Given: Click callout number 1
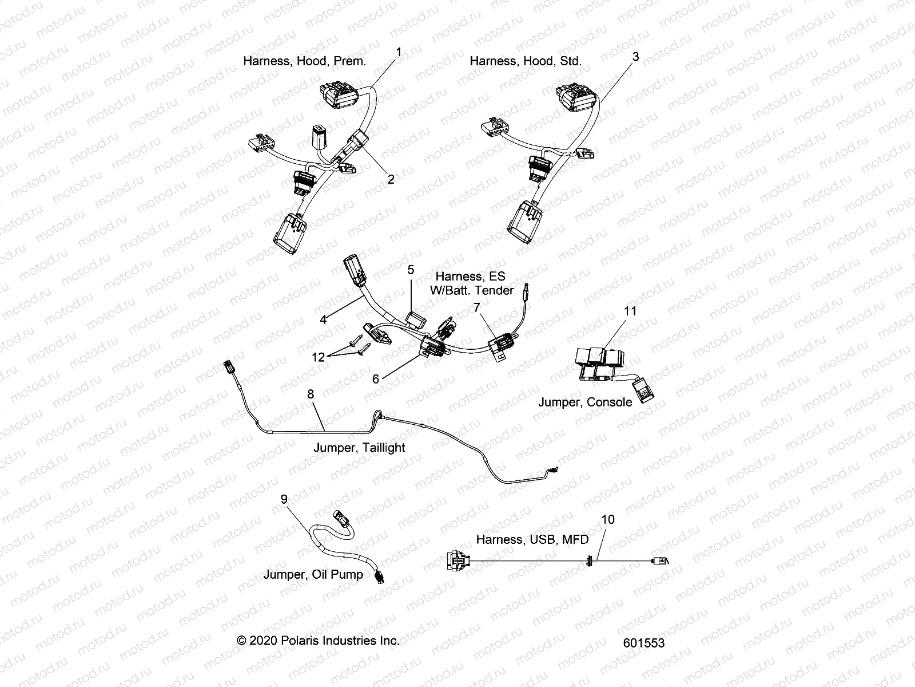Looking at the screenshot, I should [399, 52].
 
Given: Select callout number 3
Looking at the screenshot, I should [635, 57].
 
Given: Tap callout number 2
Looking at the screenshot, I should [391, 179].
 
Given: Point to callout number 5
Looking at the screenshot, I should [410, 269].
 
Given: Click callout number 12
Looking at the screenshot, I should [318, 357].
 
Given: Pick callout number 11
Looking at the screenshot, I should [630, 311].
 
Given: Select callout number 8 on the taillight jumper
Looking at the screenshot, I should [311, 394].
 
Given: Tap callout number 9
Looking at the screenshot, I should [284, 499].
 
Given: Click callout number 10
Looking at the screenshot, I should [608, 519].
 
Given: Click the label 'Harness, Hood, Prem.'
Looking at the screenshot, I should [304, 61].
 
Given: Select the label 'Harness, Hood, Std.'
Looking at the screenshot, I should [526, 61].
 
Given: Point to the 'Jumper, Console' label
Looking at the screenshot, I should [585, 402].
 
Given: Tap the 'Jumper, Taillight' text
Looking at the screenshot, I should [359, 448].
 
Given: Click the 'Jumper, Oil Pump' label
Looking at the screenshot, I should [313, 574].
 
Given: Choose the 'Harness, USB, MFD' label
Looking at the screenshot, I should [532, 539].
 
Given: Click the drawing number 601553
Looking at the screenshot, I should [644, 643].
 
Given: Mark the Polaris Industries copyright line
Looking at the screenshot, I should [318, 641].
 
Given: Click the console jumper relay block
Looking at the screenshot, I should [600, 363].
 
